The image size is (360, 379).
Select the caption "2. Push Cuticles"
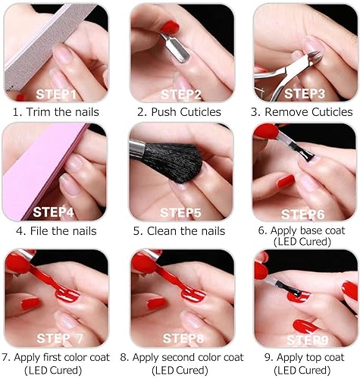180,112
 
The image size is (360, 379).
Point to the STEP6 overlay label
303,215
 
